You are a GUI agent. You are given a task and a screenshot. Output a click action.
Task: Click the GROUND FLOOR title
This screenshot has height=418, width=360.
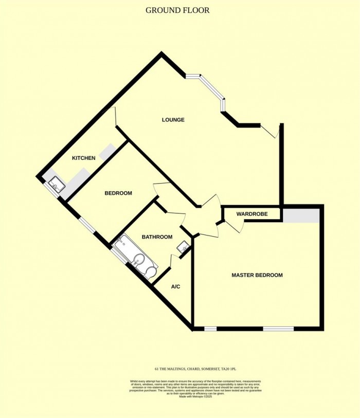pyautogui.click(x=177, y=10)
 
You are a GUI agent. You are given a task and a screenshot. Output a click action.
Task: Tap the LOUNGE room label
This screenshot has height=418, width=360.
pyautogui.click(x=173, y=120)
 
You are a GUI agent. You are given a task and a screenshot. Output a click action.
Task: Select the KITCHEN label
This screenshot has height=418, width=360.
pyautogui.click(x=83, y=158)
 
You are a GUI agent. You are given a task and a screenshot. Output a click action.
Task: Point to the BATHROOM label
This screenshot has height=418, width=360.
pyautogui.click(x=157, y=237)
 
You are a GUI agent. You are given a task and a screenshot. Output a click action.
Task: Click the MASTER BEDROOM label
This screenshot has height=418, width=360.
pyautogui.click(x=257, y=275)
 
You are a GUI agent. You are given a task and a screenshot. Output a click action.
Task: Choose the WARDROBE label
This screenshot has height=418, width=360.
pyautogui.click(x=250, y=213)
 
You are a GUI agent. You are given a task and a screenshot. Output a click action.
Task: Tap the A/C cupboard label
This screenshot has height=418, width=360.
pyautogui.click(x=175, y=286)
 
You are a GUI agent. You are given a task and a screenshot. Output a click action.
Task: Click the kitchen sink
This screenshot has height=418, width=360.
pyautogui.click(x=56, y=184)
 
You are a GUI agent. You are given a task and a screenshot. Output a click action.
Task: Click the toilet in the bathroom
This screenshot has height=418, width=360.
pyautogui.click(x=151, y=271)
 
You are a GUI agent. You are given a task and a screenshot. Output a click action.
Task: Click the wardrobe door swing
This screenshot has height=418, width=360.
pyautogui.click(x=236, y=225)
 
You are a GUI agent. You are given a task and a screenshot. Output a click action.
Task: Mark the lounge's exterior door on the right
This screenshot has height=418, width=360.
pyautogui.click(x=271, y=131)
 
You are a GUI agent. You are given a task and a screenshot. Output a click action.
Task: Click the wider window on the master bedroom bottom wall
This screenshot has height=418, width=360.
pyautogui.click(x=278, y=328)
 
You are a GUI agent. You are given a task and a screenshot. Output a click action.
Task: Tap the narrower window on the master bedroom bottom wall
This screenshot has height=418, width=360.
pyautogui.click(x=210, y=328)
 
